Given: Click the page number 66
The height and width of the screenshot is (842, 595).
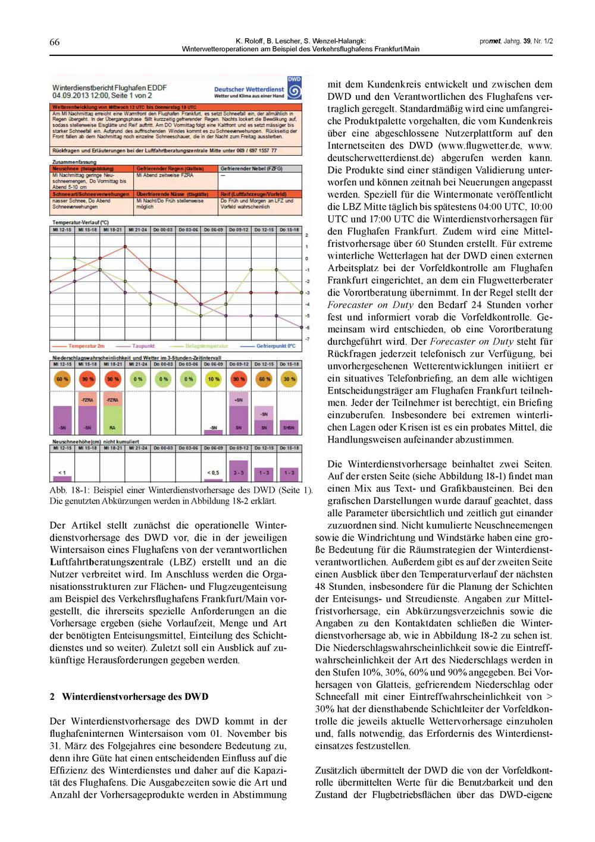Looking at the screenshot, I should click(x=54, y=42).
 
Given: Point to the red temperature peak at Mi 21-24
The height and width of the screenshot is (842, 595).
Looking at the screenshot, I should click(x=125, y=246).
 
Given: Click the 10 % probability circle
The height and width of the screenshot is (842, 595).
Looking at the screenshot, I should click(x=214, y=379).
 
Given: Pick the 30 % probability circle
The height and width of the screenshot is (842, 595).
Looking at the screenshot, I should click(x=289, y=379).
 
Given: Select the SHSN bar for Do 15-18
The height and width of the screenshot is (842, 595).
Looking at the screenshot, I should click(x=289, y=428).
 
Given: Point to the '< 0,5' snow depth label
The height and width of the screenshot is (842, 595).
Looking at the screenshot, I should click(x=213, y=473).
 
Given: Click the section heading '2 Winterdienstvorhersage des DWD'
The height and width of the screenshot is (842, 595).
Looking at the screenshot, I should click(x=129, y=696).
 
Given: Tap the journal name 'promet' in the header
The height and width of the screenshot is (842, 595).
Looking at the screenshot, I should click(x=490, y=41).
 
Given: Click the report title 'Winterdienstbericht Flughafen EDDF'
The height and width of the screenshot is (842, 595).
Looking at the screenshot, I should click(x=109, y=87).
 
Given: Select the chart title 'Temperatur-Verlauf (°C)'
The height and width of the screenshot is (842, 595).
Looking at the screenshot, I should click(x=81, y=222).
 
